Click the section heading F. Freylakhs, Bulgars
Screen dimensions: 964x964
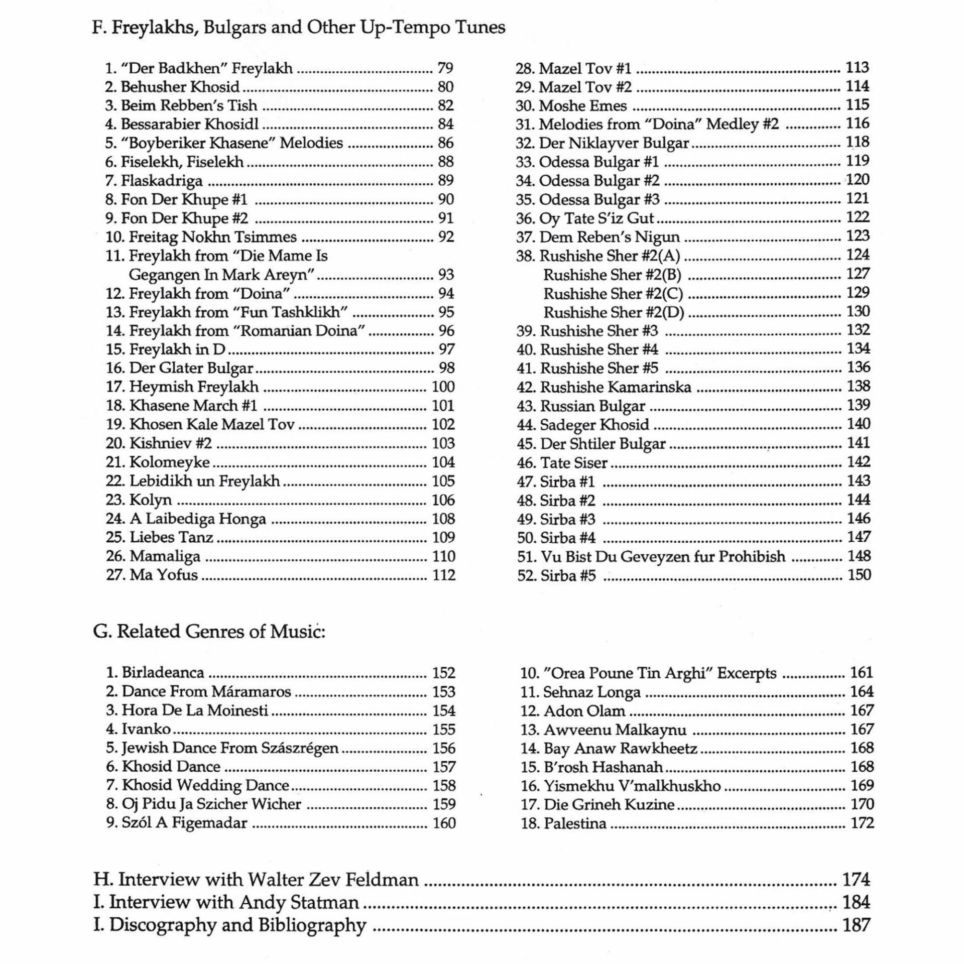(298, 28)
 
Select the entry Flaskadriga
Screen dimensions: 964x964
(162, 181)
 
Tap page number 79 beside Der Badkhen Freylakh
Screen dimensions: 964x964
(445, 68)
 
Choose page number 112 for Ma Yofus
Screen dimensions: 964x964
(444, 575)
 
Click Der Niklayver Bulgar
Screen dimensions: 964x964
(614, 144)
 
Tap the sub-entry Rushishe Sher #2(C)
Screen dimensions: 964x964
(613, 294)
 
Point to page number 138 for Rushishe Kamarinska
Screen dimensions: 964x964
(859, 387)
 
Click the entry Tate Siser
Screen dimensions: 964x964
(573, 463)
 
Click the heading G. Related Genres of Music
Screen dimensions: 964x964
(209, 632)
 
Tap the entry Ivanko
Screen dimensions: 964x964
(146, 729)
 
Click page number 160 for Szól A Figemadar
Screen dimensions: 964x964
(444, 823)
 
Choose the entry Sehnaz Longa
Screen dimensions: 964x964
(591, 692)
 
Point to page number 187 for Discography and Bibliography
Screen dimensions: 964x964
(856, 925)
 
